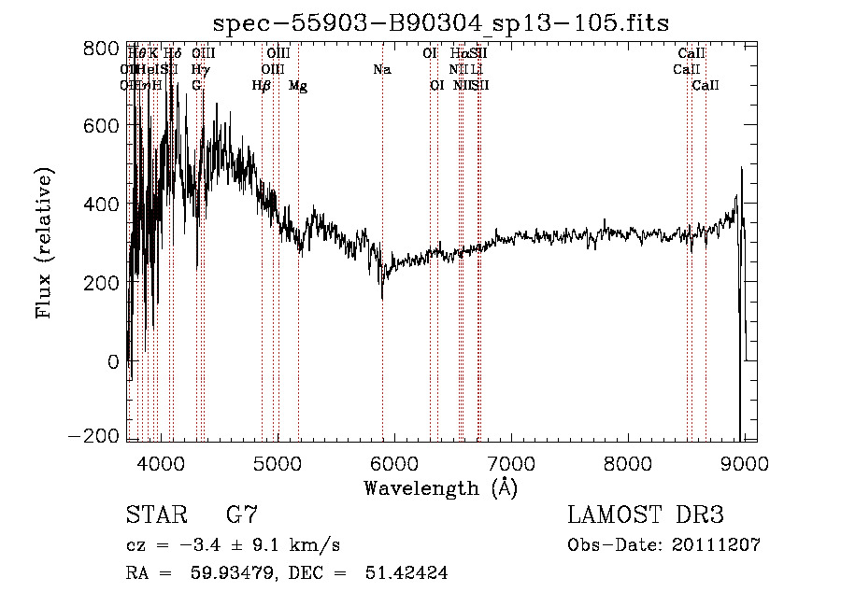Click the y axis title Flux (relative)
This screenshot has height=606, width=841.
pos(46,243)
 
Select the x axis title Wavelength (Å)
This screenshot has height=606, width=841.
pos(440,487)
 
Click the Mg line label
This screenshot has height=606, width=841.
pos(298,86)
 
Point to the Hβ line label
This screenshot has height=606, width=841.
pos(262,86)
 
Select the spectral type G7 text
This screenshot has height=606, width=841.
pos(241,514)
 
